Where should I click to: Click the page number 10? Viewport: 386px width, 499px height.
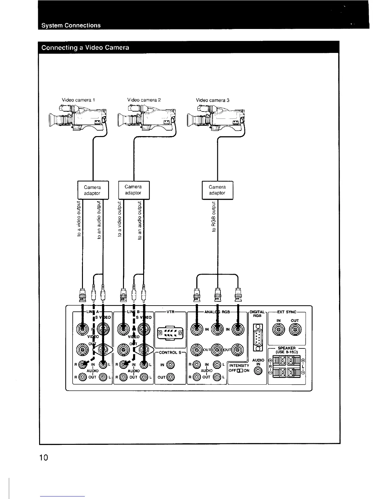point(44,457)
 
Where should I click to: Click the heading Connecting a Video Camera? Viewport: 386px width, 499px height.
point(85,48)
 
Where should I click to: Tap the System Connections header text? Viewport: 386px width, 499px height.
point(71,25)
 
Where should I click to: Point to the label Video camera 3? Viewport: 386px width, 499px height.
point(213,100)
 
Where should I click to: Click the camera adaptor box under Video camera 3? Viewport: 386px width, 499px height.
point(217,190)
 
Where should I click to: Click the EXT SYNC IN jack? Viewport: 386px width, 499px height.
point(279,330)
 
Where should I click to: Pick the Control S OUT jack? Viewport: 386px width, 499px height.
point(170,376)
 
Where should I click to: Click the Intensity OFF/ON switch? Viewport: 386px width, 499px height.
point(240,370)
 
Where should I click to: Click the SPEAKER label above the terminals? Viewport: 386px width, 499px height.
point(286,348)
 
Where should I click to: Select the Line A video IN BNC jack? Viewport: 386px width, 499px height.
point(82,330)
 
